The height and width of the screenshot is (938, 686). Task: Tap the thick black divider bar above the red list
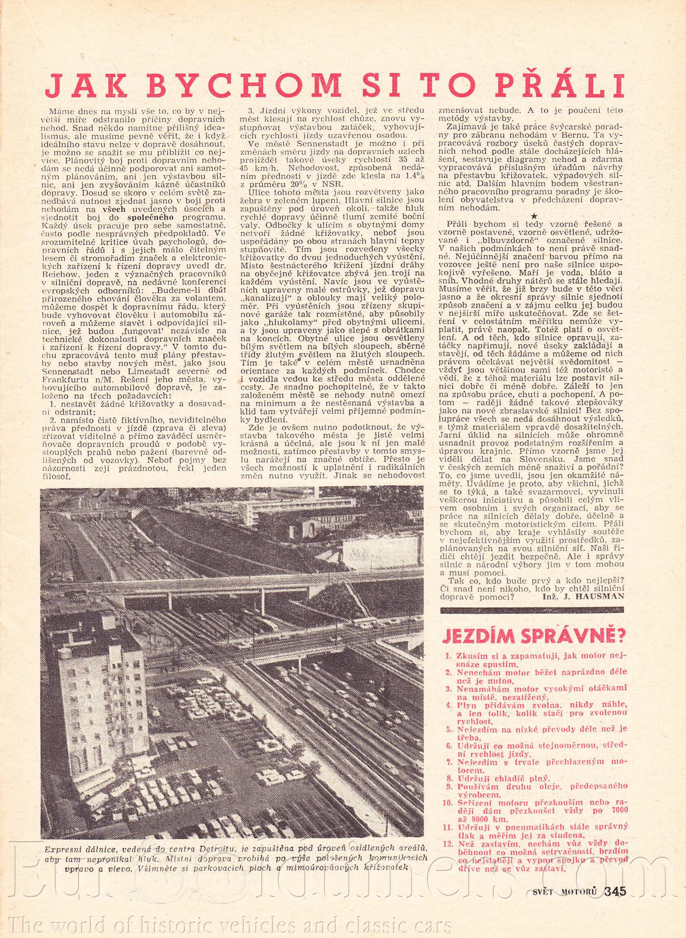[533, 610]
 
